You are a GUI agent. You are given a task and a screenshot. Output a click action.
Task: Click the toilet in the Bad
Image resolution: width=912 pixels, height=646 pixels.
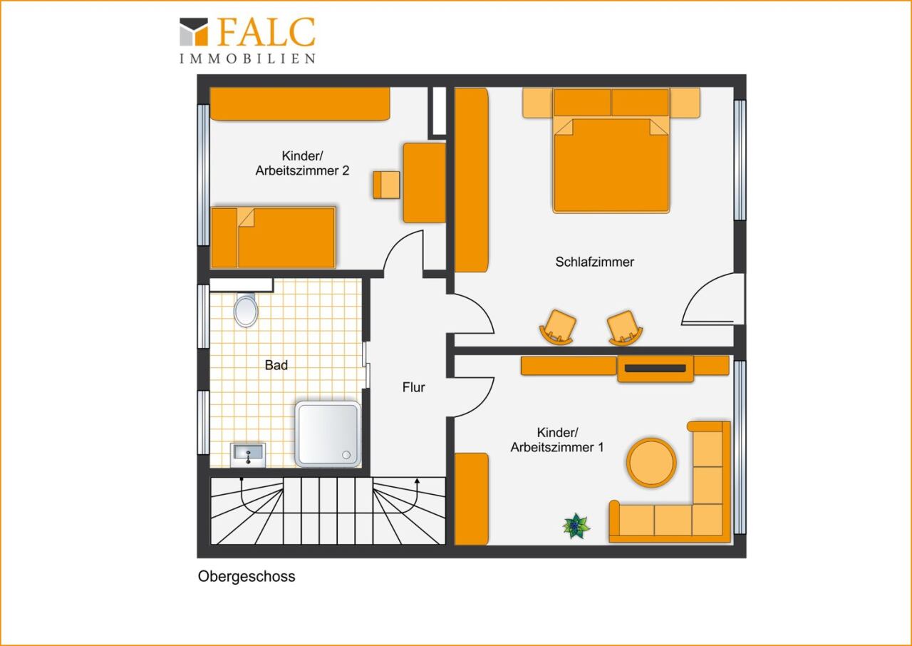coord(246,309)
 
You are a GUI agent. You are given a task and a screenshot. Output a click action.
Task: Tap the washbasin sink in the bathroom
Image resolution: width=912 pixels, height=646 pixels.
coord(248,456)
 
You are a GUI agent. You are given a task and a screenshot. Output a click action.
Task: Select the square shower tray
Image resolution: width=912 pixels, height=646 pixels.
coord(328,434)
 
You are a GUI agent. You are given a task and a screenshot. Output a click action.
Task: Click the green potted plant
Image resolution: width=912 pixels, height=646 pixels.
coord(576,525)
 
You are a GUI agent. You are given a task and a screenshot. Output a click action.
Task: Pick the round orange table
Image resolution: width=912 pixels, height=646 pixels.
coord(651,463)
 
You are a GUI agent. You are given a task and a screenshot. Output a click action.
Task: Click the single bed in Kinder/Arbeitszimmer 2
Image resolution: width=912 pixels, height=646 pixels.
coord(273,237)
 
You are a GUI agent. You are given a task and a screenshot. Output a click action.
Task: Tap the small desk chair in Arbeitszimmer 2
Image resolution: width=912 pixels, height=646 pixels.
coord(386,185)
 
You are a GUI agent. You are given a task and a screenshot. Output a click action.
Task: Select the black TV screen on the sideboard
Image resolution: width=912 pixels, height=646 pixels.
coord(655,369)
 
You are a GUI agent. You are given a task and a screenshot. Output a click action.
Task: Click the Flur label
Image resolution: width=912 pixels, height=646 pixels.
coord(414,387)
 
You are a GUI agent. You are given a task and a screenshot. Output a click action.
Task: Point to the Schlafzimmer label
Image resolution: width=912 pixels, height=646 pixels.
coord(594,262)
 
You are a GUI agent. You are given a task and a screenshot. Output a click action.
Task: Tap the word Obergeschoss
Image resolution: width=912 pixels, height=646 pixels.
coord(247,577)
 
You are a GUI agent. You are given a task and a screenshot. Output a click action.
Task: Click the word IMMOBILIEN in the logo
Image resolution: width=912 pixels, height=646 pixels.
coord(247,58)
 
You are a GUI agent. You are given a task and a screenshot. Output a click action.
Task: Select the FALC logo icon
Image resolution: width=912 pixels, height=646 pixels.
coord(194,32)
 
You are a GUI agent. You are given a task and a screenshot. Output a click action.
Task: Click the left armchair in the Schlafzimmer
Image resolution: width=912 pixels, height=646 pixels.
coord(558,327)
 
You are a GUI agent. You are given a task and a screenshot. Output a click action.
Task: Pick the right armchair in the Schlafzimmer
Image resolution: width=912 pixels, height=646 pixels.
coord(624,328)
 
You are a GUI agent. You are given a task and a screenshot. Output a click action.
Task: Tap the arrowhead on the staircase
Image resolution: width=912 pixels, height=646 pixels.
coord(417,481)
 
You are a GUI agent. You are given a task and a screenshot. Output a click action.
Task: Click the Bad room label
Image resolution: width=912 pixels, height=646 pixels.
coord(276,365)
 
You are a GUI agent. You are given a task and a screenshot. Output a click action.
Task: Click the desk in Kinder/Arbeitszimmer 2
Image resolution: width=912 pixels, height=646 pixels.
coord(424,183)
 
